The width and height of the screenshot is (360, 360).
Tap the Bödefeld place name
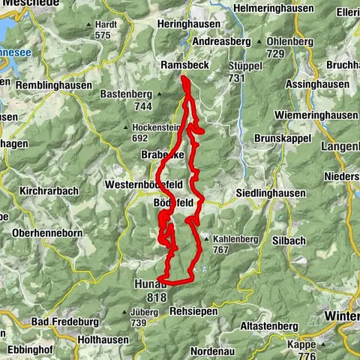(172, 203)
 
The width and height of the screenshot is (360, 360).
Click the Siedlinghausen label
(271, 193)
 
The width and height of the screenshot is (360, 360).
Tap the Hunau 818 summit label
(150, 291)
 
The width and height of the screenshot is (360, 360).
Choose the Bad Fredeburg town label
(65, 322)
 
